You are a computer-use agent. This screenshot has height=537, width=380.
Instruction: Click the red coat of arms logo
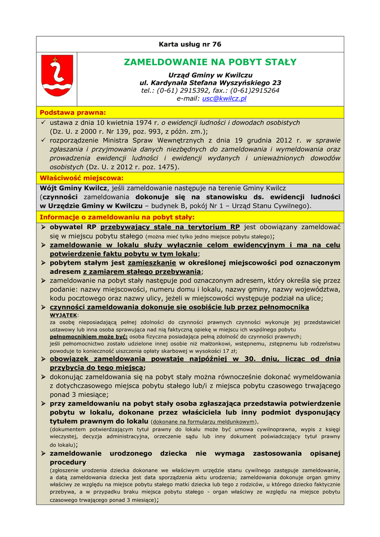click(57, 77)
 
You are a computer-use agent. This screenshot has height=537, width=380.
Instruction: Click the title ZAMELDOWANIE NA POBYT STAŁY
click(210, 62)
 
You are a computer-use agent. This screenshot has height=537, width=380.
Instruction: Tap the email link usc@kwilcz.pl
click(224, 98)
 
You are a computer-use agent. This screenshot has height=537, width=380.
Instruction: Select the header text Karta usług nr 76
click(190, 44)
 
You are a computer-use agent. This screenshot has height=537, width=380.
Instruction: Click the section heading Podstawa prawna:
click(73, 112)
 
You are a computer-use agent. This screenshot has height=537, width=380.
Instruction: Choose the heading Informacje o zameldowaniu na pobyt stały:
click(117, 217)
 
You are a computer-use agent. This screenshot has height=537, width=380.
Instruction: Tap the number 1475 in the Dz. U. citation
click(167, 167)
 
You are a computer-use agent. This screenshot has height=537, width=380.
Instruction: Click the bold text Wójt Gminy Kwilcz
click(73, 188)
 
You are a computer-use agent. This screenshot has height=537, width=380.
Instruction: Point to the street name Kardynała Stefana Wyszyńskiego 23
click(210, 83)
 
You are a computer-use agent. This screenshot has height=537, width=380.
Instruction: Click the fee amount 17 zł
click(230, 351)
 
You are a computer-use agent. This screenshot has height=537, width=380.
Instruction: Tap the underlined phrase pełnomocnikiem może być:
click(89, 336)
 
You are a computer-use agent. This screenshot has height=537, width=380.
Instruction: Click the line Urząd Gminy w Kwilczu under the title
click(210, 75)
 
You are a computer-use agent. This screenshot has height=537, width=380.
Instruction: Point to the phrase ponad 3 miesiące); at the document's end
click(133, 500)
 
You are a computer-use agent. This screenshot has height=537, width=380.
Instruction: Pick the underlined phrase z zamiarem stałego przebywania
click(142, 272)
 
